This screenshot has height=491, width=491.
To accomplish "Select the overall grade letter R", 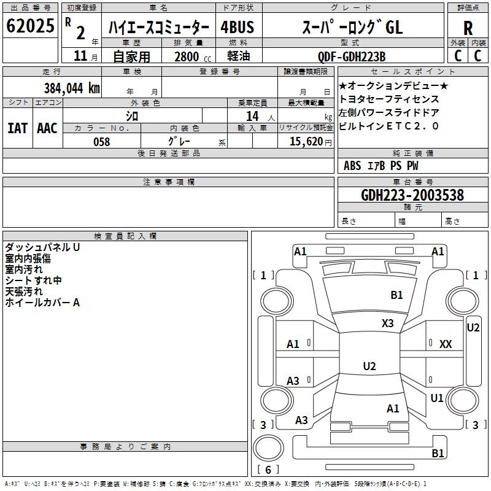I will click(468, 28).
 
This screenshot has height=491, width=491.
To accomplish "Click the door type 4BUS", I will click(238, 28).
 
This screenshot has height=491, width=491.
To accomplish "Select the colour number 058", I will click(102, 141).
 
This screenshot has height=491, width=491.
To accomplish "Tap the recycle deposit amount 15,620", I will click(305, 141).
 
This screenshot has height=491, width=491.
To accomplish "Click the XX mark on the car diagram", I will click(446, 344).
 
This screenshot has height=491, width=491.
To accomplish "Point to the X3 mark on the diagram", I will click(387, 323).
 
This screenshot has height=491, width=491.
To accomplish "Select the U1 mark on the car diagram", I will click(437, 398).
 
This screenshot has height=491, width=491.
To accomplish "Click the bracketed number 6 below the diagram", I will click(268, 470).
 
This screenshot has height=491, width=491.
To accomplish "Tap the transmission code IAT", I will click(17, 128).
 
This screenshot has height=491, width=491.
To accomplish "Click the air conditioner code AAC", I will click(47, 128).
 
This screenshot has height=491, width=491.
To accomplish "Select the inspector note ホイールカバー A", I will click(42, 303).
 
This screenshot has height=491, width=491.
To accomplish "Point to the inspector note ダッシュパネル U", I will click(42, 247).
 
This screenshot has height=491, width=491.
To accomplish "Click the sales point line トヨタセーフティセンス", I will click(389, 99).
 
